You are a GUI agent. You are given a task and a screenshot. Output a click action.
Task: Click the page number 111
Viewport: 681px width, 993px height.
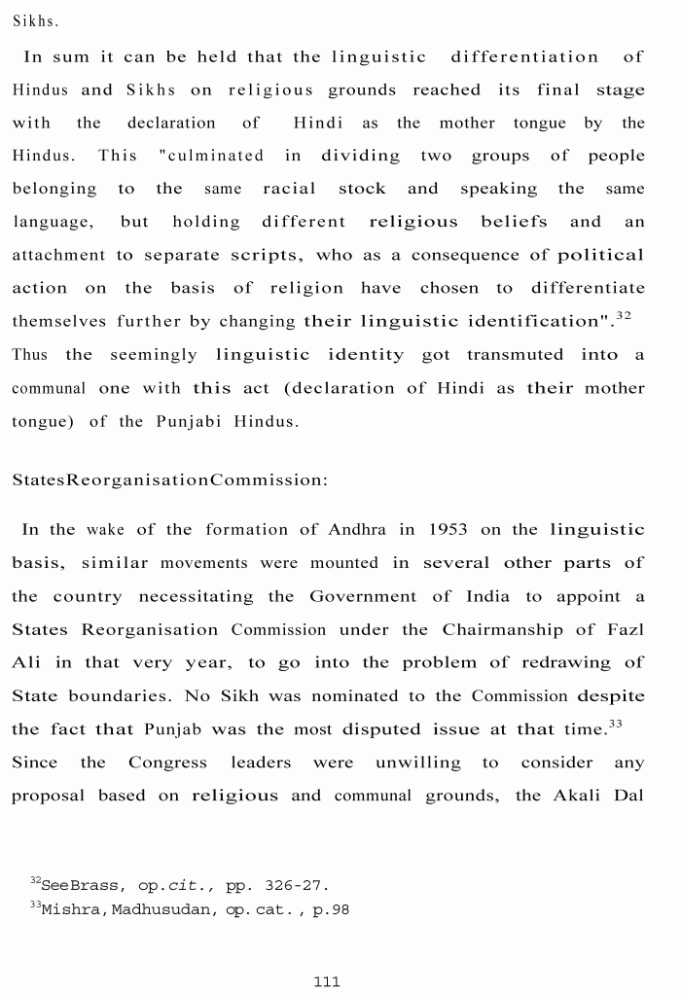pos(327,981)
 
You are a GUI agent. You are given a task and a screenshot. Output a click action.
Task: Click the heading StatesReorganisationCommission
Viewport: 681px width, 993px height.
pos(170,480)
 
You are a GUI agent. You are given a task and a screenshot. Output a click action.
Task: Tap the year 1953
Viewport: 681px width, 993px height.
pos(446,530)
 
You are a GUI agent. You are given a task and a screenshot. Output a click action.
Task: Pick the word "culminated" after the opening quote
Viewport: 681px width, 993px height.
pos(214,156)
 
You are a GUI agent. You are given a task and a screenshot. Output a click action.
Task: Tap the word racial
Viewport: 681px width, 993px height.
pos(289,189)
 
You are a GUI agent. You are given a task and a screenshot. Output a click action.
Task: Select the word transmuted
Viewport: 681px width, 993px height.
pos(514,355)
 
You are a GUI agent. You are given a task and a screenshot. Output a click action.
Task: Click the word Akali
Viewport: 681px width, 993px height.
pos(579,796)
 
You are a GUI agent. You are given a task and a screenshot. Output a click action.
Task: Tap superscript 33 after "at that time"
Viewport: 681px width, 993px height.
pos(615,724)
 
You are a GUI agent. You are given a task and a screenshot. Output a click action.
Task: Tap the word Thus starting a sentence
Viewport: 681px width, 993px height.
pos(29,355)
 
